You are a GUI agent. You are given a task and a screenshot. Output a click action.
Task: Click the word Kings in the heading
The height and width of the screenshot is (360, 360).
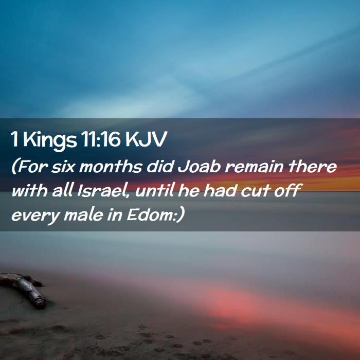(x=50, y=140)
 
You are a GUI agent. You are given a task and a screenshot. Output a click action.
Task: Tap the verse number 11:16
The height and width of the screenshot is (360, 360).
(x=100, y=139)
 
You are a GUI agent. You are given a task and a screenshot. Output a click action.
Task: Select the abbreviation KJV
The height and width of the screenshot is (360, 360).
(x=146, y=139)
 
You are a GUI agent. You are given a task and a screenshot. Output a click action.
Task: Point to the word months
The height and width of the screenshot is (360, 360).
(x=111, y=167)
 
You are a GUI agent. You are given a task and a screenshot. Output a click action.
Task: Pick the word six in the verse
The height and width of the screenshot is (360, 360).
(x=63, y=167)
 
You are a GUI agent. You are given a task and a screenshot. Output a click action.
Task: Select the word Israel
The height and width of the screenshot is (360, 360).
(x=102, y=191)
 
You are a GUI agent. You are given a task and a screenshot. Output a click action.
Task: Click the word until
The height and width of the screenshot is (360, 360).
(x=154, y=190)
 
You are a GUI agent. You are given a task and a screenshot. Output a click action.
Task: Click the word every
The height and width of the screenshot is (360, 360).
(x=36, y=216)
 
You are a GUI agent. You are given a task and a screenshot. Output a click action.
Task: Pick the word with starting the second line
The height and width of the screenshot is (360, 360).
(x=29, y=190)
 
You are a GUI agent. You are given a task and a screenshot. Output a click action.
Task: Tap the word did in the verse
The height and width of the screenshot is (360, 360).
(x=160, y=167)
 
